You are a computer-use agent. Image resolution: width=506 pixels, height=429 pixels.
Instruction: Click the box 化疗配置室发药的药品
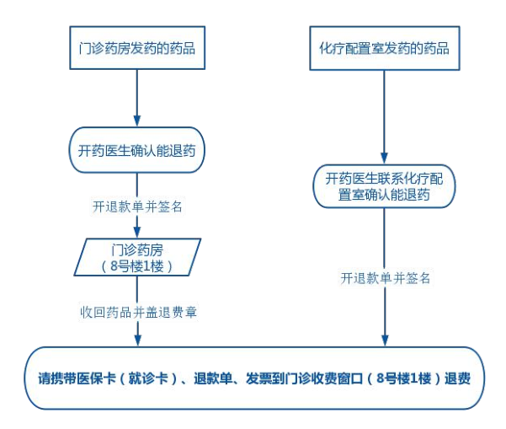coord(384,49)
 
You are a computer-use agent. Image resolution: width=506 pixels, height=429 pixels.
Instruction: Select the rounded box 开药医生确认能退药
coord(136,151)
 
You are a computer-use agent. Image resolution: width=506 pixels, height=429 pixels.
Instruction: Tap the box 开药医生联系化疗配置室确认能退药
coord(384,186)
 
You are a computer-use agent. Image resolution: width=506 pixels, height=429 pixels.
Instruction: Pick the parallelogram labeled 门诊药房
coord(136,258)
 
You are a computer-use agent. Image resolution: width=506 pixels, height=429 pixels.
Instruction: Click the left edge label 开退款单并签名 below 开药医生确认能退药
coord(136,205)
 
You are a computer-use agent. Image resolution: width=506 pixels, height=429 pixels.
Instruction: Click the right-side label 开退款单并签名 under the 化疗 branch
coord(384,276)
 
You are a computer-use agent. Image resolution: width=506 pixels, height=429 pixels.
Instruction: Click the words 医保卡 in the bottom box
coord(99,378)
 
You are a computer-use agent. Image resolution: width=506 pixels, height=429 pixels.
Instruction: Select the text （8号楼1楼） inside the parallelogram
coord(136,266)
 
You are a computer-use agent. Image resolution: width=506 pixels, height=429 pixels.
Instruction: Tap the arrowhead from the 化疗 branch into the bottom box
coord(384,341)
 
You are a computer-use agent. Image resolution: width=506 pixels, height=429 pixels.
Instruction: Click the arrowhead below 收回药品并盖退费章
coord(136,341)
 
